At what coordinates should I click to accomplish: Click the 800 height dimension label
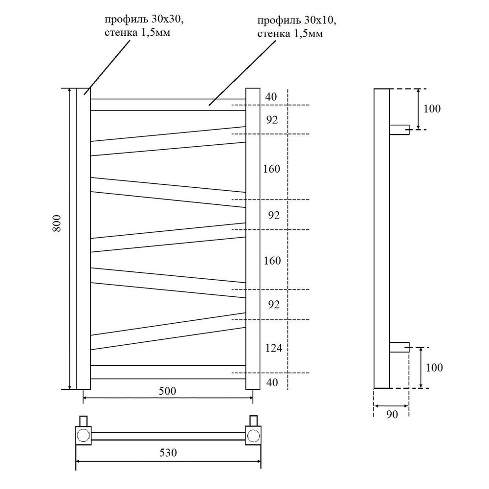[57, 223]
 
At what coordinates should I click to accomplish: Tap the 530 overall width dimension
[167, 452]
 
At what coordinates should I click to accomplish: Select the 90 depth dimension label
[392, 415]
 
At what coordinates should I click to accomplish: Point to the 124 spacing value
[274, 349]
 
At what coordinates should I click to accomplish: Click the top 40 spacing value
[270, 97]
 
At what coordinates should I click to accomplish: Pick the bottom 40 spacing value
[270, 382]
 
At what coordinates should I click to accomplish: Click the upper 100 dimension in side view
[432, 109]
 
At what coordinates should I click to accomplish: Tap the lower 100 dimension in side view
[434, 367]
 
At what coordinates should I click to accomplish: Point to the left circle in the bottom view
[84, 435]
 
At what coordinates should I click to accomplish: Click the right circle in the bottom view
[253, 435]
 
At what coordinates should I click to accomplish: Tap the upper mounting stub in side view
[400, 130]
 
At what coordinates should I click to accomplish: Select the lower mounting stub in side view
[400, 347]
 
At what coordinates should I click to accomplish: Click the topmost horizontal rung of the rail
[167, 105]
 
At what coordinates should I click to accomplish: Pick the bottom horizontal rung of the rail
[167, 372]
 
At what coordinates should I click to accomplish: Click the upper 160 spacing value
[271, 169]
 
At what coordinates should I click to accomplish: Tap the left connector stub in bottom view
[84, 421]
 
